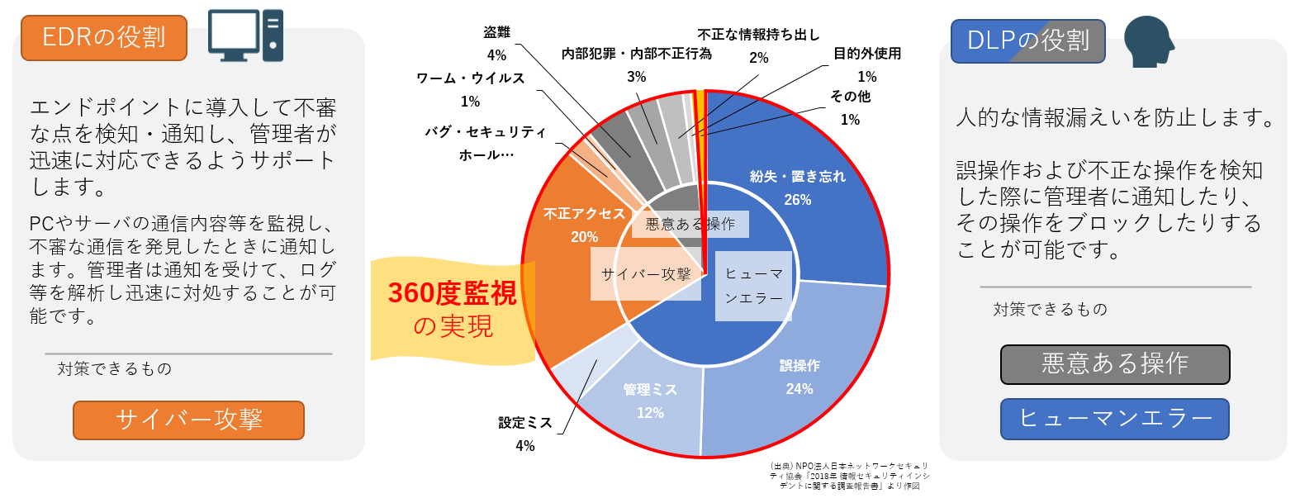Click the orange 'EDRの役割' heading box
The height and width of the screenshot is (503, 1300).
pyautogui.click(x=104, y=38)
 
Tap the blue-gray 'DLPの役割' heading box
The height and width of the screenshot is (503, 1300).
pyautogui.click(x=1027, y=41)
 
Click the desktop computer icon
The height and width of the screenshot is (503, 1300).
pyautogui.click(x=245, y=36)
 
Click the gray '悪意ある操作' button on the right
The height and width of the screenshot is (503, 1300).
pyautogui.click(x=1115, y=364)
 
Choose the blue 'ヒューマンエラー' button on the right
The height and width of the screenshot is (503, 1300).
pyautogui.click(x=1115, y=419)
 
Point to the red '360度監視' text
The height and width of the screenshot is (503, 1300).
pyautogui.click(x=452, y=293)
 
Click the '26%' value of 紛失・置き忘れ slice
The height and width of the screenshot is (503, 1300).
pyautogui.click(x=797, y=200)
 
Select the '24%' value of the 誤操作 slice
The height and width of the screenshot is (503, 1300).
pyautogui.click(x=799, y=389)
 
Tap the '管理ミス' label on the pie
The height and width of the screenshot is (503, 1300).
pyautogui.click(x=650, y=389)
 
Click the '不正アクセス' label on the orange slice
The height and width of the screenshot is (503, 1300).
pyautogui.click(x=585, y=214)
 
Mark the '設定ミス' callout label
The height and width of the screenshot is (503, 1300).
pyautogui.click(x=524, y=423)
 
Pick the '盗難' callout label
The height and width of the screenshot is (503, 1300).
pyautogui.click(x=496, y=32)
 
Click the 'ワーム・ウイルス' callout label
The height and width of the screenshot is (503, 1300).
pyautogui.click(x=470, y=78)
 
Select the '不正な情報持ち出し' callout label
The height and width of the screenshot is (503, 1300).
pyautogui.click(x=758, y=35)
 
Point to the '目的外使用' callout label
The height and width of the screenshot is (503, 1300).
pyautogui.click(x=866, y=54)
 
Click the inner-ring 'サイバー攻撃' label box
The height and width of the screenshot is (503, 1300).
pyautogui.click(x=646, y=274)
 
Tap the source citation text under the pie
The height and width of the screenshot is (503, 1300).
pyautogui.click(x=849, y=476)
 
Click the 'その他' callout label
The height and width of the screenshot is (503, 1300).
pyautogui.click(x=850, y=97)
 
